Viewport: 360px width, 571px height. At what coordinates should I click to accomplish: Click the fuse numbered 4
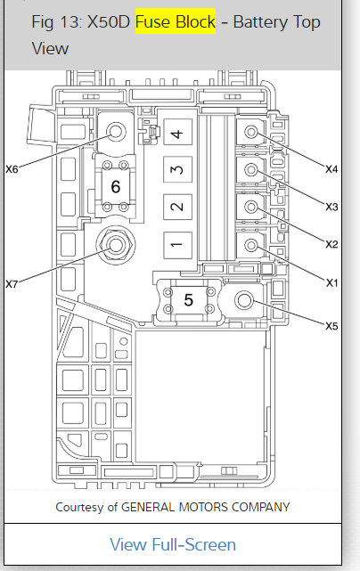(177, 133)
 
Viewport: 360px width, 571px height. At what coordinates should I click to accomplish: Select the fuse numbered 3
(177, 169)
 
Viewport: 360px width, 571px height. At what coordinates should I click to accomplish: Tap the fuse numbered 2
(177, 207)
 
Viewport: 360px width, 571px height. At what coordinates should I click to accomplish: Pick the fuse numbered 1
(177, 245)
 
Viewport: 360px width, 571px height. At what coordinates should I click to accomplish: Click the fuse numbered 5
(188, 300)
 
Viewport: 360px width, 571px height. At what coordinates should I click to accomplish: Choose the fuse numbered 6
(116, 186)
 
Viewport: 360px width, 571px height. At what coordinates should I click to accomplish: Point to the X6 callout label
(12, 169)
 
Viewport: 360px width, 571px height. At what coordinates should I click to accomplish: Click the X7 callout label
(12, 283)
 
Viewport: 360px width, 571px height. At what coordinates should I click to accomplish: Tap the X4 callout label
(331, 169)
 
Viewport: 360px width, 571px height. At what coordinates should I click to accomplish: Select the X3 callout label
(331, 207)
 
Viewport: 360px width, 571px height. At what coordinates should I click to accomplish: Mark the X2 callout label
(331, 244)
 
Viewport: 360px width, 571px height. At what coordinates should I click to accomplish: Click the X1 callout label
(331, 282)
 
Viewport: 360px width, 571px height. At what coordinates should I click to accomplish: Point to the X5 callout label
(331, 326)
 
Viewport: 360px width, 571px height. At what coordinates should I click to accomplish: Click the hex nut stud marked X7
(116, 244)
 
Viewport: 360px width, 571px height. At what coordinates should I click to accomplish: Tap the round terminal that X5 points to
(244, 300)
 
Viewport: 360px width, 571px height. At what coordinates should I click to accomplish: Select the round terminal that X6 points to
(116, 131)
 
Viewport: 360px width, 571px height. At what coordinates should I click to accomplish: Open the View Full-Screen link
(173, 544)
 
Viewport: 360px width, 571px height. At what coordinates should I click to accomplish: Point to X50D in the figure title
(109, 22)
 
